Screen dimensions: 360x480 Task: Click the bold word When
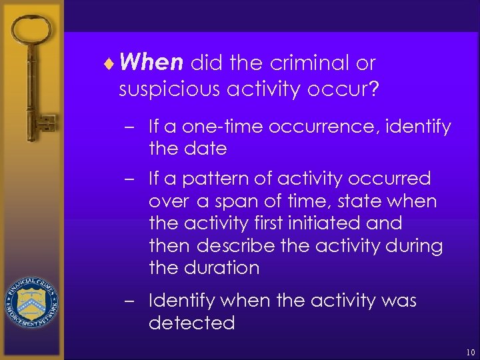[153, 63]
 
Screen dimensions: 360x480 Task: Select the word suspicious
[169, 89]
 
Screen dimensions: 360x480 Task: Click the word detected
[192, 323]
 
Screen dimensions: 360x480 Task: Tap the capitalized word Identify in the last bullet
[182, 301]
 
